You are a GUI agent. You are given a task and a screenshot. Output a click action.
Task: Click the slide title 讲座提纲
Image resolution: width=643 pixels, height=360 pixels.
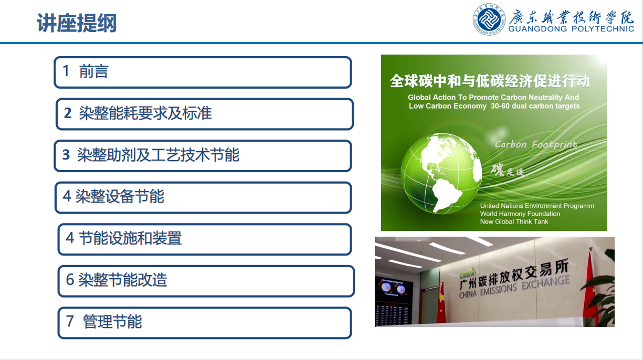pyautogui.click(x=77, y=23)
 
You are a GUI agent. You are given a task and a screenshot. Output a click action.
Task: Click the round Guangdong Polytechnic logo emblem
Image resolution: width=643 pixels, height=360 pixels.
pyautogui.click(x=489, y=19)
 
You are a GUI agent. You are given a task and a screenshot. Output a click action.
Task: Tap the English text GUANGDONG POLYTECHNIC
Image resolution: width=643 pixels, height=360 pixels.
pyautogui.click(x=571, y=29)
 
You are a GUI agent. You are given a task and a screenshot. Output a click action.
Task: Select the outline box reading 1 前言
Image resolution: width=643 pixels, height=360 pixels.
pyautogui.click(x=203, y=72)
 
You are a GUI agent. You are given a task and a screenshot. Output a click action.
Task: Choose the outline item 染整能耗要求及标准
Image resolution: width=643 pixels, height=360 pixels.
pyautogui.click(x=145, y=113)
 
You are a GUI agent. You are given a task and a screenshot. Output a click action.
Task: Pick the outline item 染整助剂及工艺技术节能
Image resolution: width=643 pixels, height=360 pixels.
pyautogui.click(x=158, y=155)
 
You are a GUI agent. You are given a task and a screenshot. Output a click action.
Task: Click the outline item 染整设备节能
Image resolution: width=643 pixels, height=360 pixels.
pyautogui.click(x=120, y=196)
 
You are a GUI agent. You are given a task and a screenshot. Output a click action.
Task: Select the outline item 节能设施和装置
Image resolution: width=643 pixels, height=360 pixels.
pyautogui.click(x=130, y=238)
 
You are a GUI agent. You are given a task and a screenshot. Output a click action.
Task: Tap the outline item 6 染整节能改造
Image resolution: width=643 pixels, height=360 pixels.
pyautogui.click(x=117, y=280)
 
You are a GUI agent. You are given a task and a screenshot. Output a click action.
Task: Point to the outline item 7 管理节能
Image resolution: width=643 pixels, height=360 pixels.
pyautogui.click(x=104, y=321)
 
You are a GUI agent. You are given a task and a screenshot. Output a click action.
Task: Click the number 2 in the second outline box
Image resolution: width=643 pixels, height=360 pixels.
pyautogui.click(x=68, y=113)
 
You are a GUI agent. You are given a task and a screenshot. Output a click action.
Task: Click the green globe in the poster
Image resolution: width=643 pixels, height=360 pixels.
pyautogui.click(x=441, y=173)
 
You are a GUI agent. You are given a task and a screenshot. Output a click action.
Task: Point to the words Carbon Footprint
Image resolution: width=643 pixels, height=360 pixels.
pyautogui.click(x=536, y=144)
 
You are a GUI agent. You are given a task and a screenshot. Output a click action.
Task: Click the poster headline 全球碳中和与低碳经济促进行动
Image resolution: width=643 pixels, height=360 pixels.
pyautogui.click(x=490, y=81)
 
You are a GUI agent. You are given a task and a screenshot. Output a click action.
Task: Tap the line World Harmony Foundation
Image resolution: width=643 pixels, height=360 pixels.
pyautogui.click(x=520, y=214)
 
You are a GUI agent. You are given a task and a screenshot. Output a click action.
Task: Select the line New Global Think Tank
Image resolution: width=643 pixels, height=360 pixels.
pyautogui.click(x=514, y=221)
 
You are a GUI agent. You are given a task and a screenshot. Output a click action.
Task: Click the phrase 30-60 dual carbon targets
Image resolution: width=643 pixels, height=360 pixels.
pyautogui.click(x=535, y=106)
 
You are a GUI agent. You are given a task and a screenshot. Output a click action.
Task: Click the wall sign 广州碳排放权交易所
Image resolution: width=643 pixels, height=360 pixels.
pyautogui.click(x=514, y=274)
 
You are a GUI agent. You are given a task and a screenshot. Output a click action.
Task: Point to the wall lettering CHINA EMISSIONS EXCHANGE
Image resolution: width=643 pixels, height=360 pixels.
pyautogui.click(x=514, y=287)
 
